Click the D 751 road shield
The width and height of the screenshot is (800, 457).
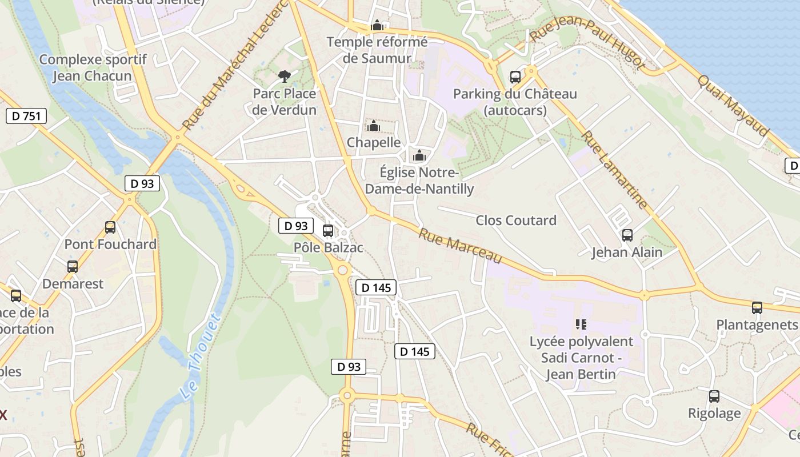point(26,116)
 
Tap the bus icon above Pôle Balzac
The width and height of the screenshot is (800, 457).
point(328,231)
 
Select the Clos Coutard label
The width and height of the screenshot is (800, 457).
point(516,221)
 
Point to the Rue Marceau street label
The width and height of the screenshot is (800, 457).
point(460,246)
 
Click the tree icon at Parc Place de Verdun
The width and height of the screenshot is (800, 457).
point(284,77)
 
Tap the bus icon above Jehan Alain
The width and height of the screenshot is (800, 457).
point(627,235)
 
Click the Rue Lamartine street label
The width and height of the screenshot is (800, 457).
point(615,170)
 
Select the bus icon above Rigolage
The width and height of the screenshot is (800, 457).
point(714,396)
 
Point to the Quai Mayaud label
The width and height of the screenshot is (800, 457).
point(733,106)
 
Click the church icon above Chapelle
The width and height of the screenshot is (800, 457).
point(374,126)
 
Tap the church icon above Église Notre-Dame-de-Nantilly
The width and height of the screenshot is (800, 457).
point(419,155)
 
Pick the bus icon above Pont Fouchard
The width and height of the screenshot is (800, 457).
point(110,227)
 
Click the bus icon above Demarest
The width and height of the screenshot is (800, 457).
point(73,267)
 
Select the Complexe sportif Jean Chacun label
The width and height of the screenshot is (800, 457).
point(93,67)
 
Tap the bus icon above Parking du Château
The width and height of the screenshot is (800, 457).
point(515,77)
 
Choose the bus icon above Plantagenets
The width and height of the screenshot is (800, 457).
point(757,308)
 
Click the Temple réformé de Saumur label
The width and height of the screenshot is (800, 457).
point(377,50)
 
